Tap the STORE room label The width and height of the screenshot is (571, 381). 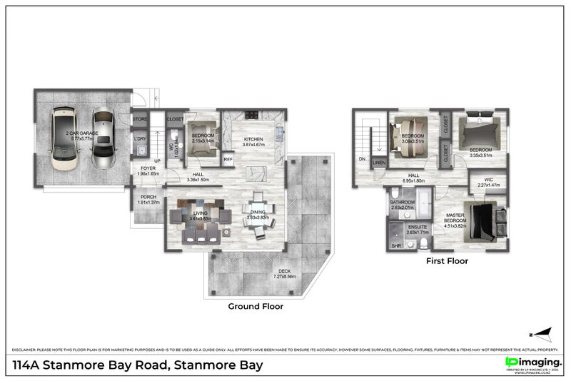139,120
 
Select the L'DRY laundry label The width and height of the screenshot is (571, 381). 140,139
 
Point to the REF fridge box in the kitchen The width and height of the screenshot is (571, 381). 228,160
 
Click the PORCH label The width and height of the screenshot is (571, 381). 148,197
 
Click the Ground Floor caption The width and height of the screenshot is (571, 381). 256,306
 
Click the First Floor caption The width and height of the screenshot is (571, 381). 447,261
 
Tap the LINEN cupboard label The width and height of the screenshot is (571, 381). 379,163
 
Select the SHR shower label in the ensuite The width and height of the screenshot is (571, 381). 395,245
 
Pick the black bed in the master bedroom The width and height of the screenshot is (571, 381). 488,220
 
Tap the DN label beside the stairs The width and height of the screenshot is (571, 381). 362,159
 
